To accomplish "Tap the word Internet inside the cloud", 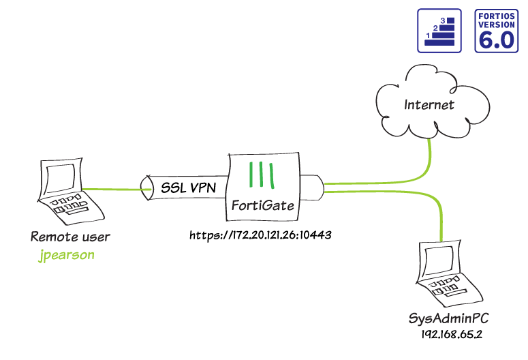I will (429, 105).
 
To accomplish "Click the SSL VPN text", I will (187, 187).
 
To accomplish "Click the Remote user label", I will (70, 237).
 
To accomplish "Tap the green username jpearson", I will (65, 256).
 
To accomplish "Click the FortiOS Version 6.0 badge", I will (497, 31).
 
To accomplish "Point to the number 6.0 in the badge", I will (497, 39).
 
